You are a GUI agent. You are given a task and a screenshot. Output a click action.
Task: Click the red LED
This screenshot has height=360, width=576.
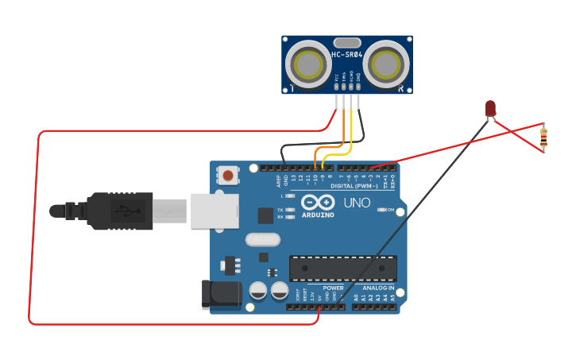[490, 108]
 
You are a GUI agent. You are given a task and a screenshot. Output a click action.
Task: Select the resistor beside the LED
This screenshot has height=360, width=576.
[543, 137]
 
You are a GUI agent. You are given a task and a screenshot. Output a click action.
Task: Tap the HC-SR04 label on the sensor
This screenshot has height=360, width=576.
[347, 55]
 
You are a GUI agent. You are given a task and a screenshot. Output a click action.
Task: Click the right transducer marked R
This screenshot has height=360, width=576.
[389, 62]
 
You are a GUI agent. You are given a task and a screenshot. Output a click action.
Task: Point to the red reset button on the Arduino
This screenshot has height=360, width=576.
[229, 175]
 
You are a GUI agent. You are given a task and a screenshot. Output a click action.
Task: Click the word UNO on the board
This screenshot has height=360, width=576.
[358, 203]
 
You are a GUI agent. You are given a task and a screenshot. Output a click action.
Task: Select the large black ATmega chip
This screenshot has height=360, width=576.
[342, 269]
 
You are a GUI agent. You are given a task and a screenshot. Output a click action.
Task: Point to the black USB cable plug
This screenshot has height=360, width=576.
[119, 211]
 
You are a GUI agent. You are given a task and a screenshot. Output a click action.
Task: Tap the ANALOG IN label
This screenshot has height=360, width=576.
[373, 288]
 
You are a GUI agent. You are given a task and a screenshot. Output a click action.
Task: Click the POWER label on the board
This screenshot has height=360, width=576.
[334, 288]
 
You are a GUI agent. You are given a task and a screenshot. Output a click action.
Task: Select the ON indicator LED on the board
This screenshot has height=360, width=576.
[382, 210]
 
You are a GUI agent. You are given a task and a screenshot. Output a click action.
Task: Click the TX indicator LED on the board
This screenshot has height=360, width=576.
[290, 209]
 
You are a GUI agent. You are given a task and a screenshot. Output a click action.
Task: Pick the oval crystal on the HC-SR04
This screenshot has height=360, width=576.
[347, 42]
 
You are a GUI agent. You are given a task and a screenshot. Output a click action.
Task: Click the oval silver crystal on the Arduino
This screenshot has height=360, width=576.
[262, 239]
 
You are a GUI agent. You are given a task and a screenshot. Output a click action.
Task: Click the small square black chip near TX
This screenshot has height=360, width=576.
[265, 215]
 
